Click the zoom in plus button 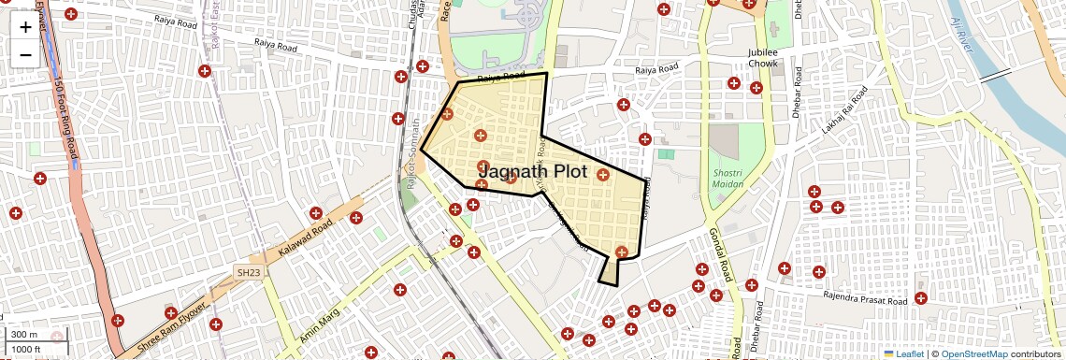(x=25, y=27)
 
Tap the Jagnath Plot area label (x=532, y=172)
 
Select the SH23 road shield (x=246, y=271)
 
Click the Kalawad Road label (x=306, y=240)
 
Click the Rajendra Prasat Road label (x=865, y=300)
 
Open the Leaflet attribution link (x=903, y=353)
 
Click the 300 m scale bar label (x=24, y=335)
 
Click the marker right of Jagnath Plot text (x=602, y=175)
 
